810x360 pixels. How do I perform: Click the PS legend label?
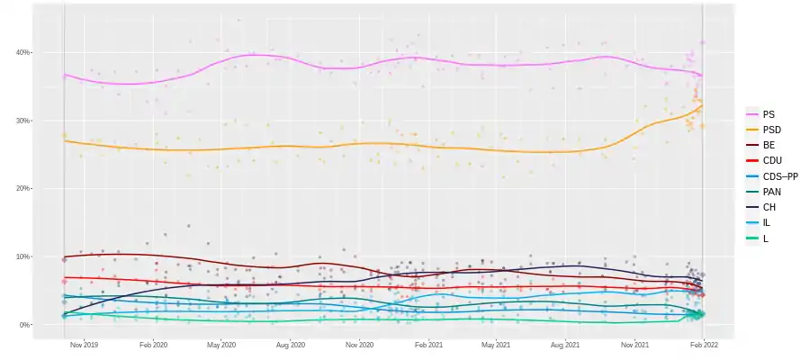(768, 115)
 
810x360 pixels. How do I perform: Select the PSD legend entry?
(770, 130)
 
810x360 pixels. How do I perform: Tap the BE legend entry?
(768, 146)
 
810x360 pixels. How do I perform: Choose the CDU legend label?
(771, 161)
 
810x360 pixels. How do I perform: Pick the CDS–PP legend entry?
(779, 176)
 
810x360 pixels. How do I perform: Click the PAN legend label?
(771, 192)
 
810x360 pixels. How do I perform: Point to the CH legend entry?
(769, 207)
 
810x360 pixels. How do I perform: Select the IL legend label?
(766, 222)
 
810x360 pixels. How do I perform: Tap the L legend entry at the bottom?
(765, 238)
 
